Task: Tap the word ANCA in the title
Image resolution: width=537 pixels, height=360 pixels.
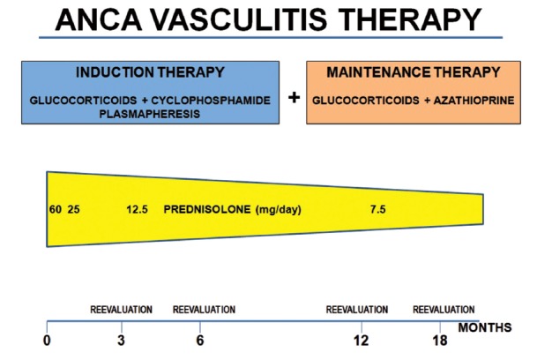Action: click(x=99, y=19)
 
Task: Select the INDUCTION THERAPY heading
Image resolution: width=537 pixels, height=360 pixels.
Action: click(x=150, y=72)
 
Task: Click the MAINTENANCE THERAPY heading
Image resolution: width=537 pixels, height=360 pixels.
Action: click(x=414, y=72)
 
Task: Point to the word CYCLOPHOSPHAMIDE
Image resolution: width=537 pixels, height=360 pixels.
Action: click(x=211, y=101)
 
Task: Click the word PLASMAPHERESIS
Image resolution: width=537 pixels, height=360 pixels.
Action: click(x=150, y=114)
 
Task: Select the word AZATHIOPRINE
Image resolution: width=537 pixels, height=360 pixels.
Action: click(x=474, y=101)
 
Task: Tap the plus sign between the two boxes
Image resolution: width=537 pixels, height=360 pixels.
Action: click(x=294, y=98)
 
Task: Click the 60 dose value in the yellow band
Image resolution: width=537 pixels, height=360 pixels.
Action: click(x=56, y=209)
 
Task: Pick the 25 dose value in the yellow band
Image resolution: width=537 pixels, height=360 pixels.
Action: click(x=74, y=209)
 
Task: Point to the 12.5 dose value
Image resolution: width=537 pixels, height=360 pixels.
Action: click(x=137, y=209)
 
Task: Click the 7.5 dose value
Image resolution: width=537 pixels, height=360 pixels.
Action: click(x=377, y=209)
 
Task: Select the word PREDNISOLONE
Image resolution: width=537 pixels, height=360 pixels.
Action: click(x=207, y=209)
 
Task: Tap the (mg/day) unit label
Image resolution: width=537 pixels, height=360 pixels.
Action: click(x=278, y=209)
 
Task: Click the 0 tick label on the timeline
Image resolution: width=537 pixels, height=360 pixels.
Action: click(x=47, y=341)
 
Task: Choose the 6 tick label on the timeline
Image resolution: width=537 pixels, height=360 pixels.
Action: click(x=200, y=341)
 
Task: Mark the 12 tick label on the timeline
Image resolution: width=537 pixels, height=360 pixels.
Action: click(x=362, y=341)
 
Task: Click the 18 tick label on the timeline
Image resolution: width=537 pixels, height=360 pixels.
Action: click(x=440, y=341)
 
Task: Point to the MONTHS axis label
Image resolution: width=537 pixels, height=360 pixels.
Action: click(x=485, y=327)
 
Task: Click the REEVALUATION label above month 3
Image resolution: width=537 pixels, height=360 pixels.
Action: click(x=121, y=310)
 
